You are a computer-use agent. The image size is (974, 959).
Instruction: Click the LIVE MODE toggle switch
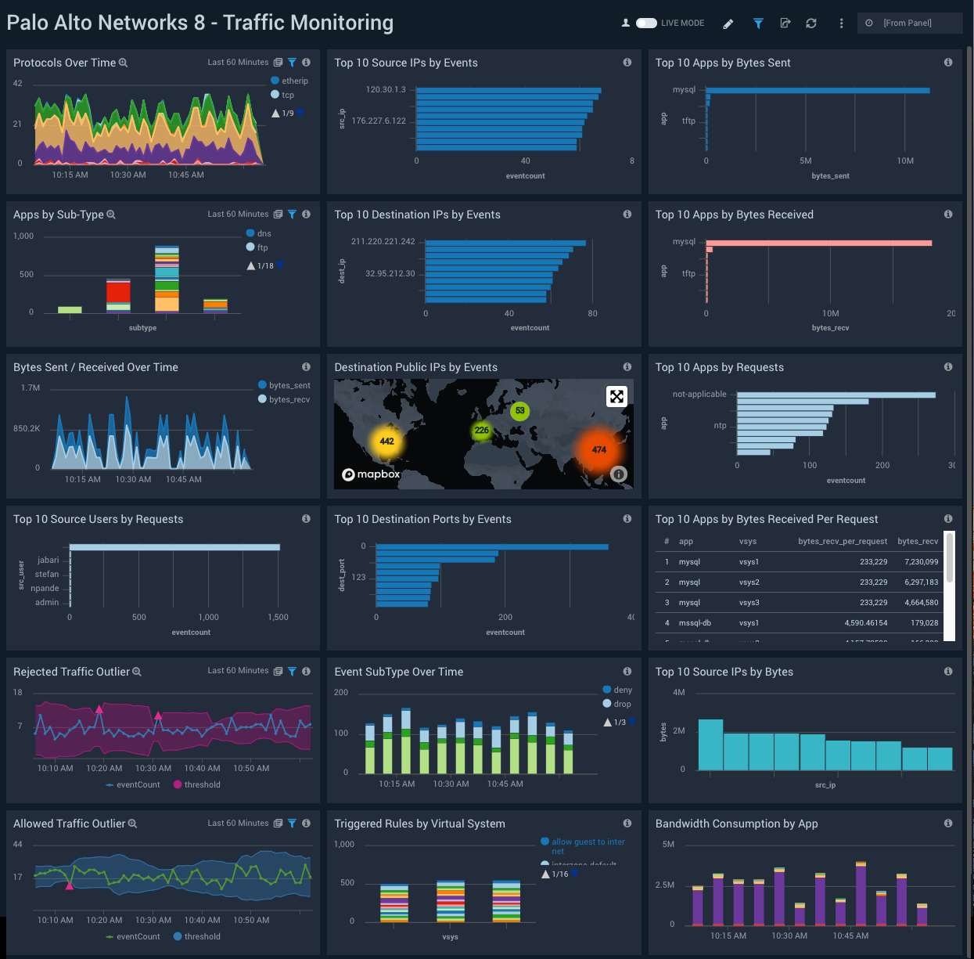tap(646, 23)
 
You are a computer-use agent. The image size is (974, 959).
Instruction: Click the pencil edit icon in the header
tap(728, 23)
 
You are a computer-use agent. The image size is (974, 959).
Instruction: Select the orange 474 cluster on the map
tap(598, 449)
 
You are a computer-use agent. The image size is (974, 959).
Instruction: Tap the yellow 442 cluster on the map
tap(386, 442)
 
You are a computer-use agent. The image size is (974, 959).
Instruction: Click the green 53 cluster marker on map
tap(519, 410)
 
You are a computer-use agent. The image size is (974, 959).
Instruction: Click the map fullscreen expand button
tap(616, 396)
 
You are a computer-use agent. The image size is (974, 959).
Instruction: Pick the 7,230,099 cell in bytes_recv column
tap(921, 562)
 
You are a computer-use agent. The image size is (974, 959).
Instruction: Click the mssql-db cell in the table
tap(695, 623)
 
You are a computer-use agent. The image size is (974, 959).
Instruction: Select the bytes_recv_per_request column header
tap(842, 542)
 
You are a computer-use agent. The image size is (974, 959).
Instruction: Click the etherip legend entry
tap(294, 81)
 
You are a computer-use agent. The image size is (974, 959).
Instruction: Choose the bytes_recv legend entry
tap(289, 399)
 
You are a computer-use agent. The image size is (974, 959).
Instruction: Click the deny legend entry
tap(623, 690)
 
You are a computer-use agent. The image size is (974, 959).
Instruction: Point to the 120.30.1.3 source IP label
tap(386, 89)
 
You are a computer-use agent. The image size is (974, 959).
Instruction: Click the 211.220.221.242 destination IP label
tap(383, 241)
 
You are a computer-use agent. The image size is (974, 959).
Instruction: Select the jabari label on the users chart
tap(49, 560)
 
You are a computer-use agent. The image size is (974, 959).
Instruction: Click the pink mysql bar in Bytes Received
tap(818, 243)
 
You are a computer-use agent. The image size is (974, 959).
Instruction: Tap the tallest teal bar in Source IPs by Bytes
tap(710, 744)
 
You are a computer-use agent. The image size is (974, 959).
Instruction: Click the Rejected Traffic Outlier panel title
tap(71, 672)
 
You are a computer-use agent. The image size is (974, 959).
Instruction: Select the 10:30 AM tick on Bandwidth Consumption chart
tap(789, 936)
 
